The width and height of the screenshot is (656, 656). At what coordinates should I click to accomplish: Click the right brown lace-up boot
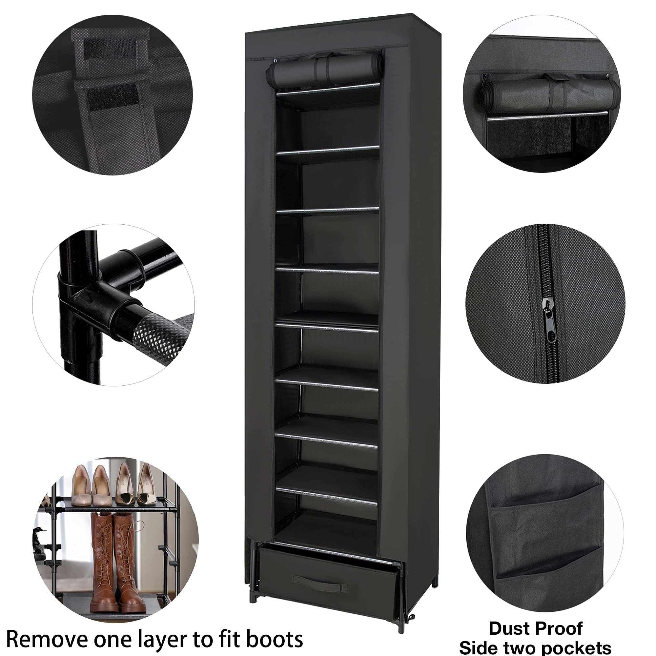pyautogui.click(x=127, y=557)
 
